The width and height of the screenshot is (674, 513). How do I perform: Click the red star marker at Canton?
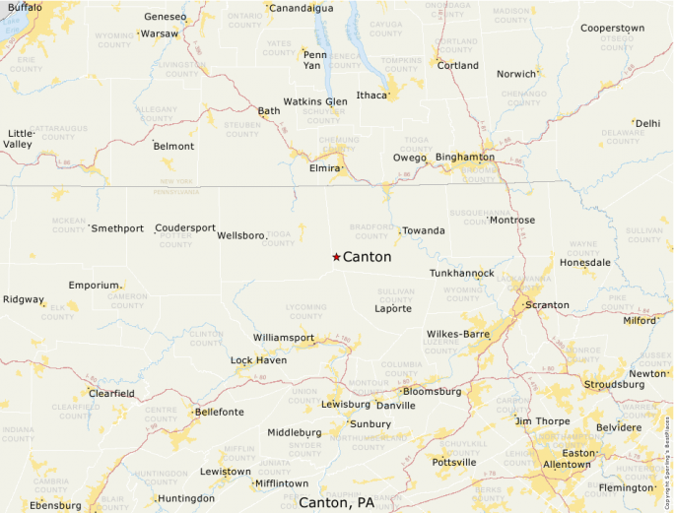coord(336,257)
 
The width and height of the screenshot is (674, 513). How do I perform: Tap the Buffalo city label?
coord(25,7)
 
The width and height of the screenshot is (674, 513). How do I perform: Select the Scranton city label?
coord(548,305)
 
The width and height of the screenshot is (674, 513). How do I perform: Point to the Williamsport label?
coord(283,338)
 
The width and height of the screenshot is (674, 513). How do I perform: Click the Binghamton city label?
coord(464,157)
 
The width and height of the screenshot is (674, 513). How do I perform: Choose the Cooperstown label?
coord(612,28)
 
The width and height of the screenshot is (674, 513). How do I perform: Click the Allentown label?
coord(567,464)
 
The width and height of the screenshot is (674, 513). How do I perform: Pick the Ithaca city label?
coord(371,96)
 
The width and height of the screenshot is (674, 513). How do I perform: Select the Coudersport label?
coord(185,227)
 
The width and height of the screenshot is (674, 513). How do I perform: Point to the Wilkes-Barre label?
coord(457,334)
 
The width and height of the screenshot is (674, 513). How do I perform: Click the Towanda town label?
coord(424,230)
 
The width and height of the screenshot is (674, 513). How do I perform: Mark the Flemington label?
coord(626,487)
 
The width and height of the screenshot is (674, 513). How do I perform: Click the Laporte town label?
coord(393,308)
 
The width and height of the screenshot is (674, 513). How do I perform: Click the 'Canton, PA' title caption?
coord(336,502)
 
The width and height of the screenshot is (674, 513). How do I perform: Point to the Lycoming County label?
coord(305,311)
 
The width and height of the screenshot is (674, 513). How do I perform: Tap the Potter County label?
coord(176,239)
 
